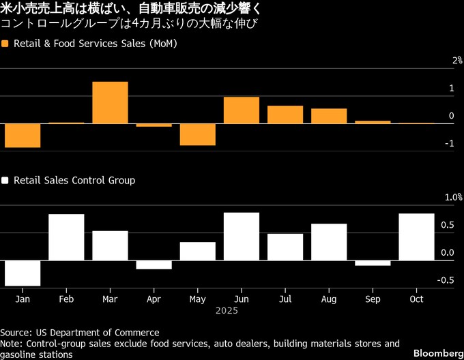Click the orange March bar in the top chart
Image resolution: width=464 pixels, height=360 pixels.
click(110, 102)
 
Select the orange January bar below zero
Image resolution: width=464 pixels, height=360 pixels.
click(23, 136)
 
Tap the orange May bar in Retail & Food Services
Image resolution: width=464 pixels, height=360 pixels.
click(198, 134)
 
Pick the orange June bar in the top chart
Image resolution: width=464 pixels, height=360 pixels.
click(242, 110)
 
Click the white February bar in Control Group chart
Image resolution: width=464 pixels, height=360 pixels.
click(66, 237)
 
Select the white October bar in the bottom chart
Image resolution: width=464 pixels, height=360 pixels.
click(416, 237)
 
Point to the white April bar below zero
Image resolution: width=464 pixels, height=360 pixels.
click(154, 265)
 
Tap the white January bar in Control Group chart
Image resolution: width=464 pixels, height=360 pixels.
click(23, 273)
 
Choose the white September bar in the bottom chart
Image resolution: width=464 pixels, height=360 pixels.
click(373, 262)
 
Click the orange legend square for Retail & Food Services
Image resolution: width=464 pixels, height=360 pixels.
click(5, 44)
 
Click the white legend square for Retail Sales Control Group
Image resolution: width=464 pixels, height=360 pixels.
click(5, 181)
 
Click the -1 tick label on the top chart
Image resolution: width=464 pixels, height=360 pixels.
click(448, 144)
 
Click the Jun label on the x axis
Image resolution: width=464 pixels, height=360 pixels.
click(242, 299)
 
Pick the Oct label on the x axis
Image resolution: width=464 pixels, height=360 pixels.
click(416, 299)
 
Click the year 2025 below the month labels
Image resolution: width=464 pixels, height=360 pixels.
click(226, 310)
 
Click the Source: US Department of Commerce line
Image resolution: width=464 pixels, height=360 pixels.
click(80, 332)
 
